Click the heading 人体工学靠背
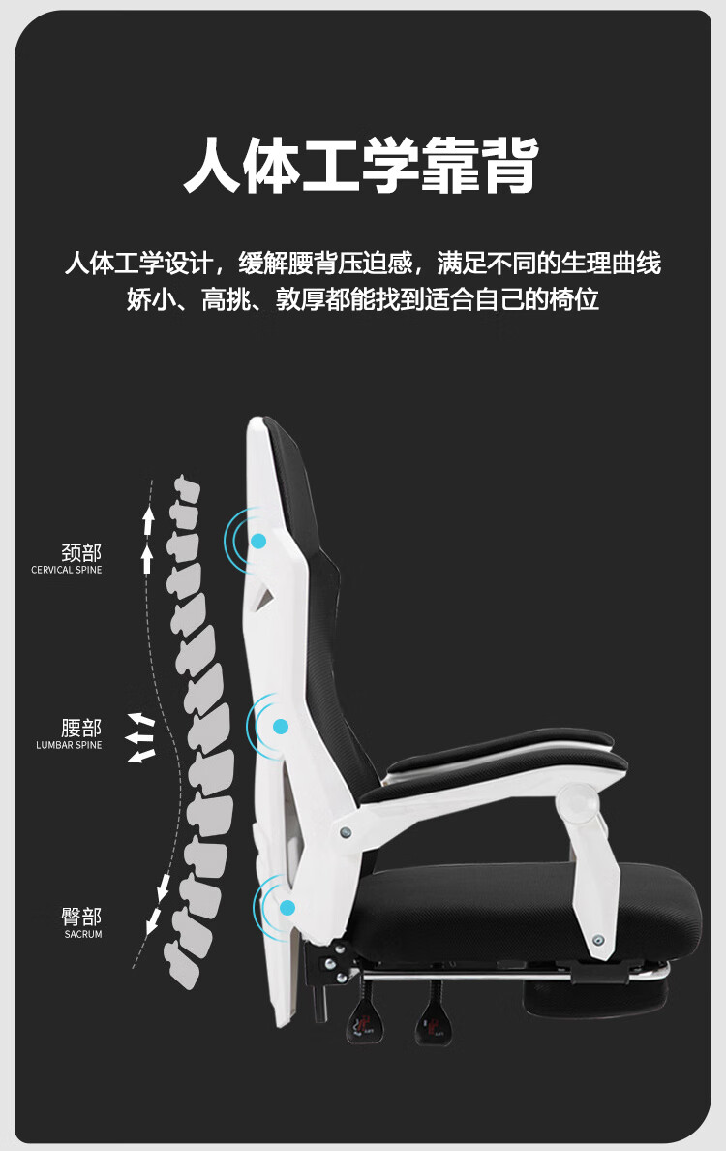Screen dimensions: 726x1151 point(361,167)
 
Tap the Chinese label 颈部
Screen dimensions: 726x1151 point(81,553)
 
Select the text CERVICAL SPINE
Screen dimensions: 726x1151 point(66,570)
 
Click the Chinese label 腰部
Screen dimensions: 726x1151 point(81,729)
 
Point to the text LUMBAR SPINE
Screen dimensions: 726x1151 point(69,745)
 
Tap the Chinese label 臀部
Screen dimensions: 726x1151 point(81,917)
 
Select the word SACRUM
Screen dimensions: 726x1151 point(83,934)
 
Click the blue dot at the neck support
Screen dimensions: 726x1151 point(259,541)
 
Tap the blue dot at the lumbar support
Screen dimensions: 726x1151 point(281,726)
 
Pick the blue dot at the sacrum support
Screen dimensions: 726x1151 point(287,908)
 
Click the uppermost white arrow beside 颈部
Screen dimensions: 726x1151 point(148,520)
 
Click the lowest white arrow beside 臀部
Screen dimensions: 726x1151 point(153,923)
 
